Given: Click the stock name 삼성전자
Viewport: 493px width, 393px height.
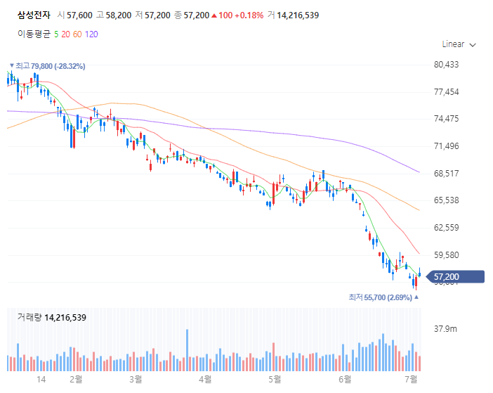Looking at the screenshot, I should tap(33, 14).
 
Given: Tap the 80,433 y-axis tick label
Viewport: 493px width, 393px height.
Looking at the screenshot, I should tap(447, 65).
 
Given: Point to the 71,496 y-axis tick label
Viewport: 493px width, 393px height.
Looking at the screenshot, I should tap(447, 146).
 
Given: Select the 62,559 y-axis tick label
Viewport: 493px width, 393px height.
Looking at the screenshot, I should tap(447, 228).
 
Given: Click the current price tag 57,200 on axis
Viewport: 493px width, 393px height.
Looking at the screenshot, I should tap(447, 277).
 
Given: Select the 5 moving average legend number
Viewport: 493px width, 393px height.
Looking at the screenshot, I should tap(56, 33).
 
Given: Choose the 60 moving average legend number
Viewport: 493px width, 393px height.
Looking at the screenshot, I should tap(78, 33).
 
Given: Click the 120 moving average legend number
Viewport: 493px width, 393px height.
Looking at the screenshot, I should tap(91, 33).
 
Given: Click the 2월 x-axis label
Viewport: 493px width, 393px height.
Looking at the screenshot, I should tap(76, 380).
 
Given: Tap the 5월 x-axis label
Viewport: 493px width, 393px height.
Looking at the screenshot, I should tap(275, 380).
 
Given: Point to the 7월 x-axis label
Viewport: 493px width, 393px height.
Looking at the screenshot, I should tap(413, 380).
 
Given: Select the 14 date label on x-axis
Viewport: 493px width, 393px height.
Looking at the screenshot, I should tap(41, 380).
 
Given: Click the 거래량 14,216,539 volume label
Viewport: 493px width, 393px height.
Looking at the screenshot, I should tap(51, 318).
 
